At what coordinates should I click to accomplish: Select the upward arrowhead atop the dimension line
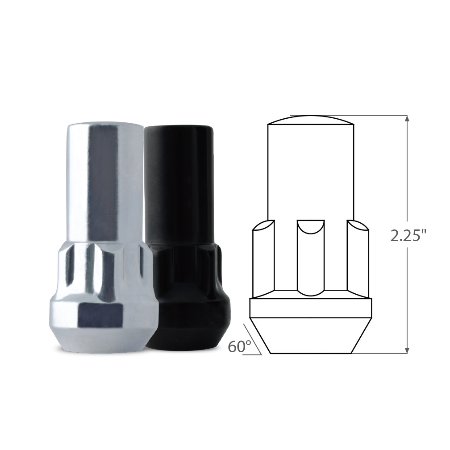point(407,119)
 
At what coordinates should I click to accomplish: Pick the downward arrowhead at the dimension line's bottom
point(407,350)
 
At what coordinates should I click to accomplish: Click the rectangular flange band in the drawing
point(311,308)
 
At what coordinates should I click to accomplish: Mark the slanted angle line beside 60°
point(252,339)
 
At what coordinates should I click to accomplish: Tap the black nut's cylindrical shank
point(179,187)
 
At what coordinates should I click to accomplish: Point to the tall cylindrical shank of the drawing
point(311,170)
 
